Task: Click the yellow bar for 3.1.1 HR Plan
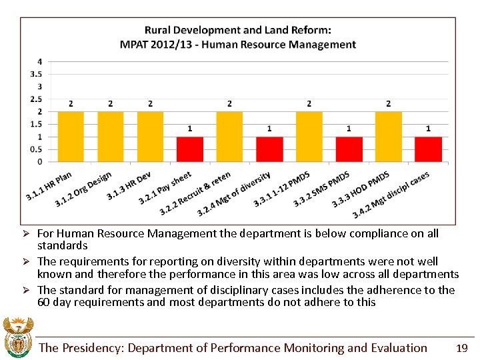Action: coord(71,137)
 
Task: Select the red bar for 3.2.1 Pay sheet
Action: coord(190,149)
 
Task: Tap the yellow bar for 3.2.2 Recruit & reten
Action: coord(229,137)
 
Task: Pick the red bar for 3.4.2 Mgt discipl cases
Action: coord(428,149)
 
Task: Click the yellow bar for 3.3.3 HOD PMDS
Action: coord(388,137)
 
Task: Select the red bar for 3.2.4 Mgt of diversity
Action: coord(269,149)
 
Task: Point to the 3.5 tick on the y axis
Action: coord(38,74)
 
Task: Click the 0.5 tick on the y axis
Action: coord(38,149)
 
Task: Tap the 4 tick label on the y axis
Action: coord(40,61)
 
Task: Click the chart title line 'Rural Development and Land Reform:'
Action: coord(238,30)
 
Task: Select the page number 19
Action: coord(461,348)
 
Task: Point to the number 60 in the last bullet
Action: coord(44,302)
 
